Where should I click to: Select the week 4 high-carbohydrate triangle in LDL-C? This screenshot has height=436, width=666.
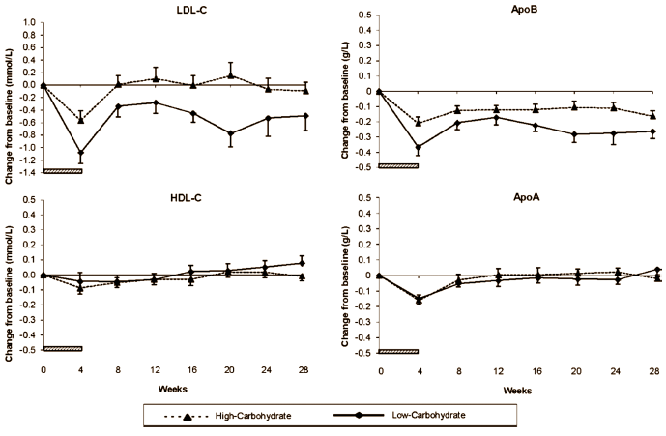[81, 120]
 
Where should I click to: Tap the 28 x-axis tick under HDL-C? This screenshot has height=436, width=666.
[305, 369]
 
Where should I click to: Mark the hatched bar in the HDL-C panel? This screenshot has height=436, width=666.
[62, 348]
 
